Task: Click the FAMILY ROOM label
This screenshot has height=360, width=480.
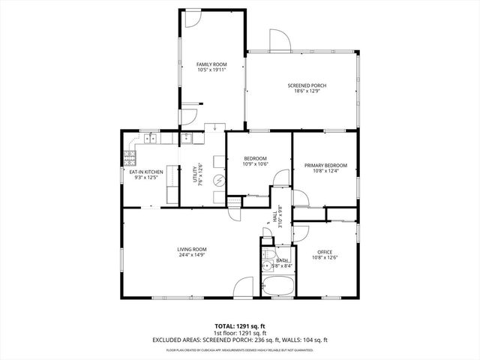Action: tap(211, 65)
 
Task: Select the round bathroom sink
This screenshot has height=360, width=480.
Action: tap(265, 253)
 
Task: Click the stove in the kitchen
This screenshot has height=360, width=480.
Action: tap(130, 158)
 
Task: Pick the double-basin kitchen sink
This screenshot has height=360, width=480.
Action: tap(151, 137)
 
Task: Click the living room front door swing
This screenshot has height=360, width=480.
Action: tap(244, 287)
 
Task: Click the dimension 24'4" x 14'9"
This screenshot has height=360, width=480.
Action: tap(192, 256)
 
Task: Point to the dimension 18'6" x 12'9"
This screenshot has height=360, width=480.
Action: tap(307, 92)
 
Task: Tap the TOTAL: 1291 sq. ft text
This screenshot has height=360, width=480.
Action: tap(239, 326)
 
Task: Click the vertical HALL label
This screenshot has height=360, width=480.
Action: tap(273, 217)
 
